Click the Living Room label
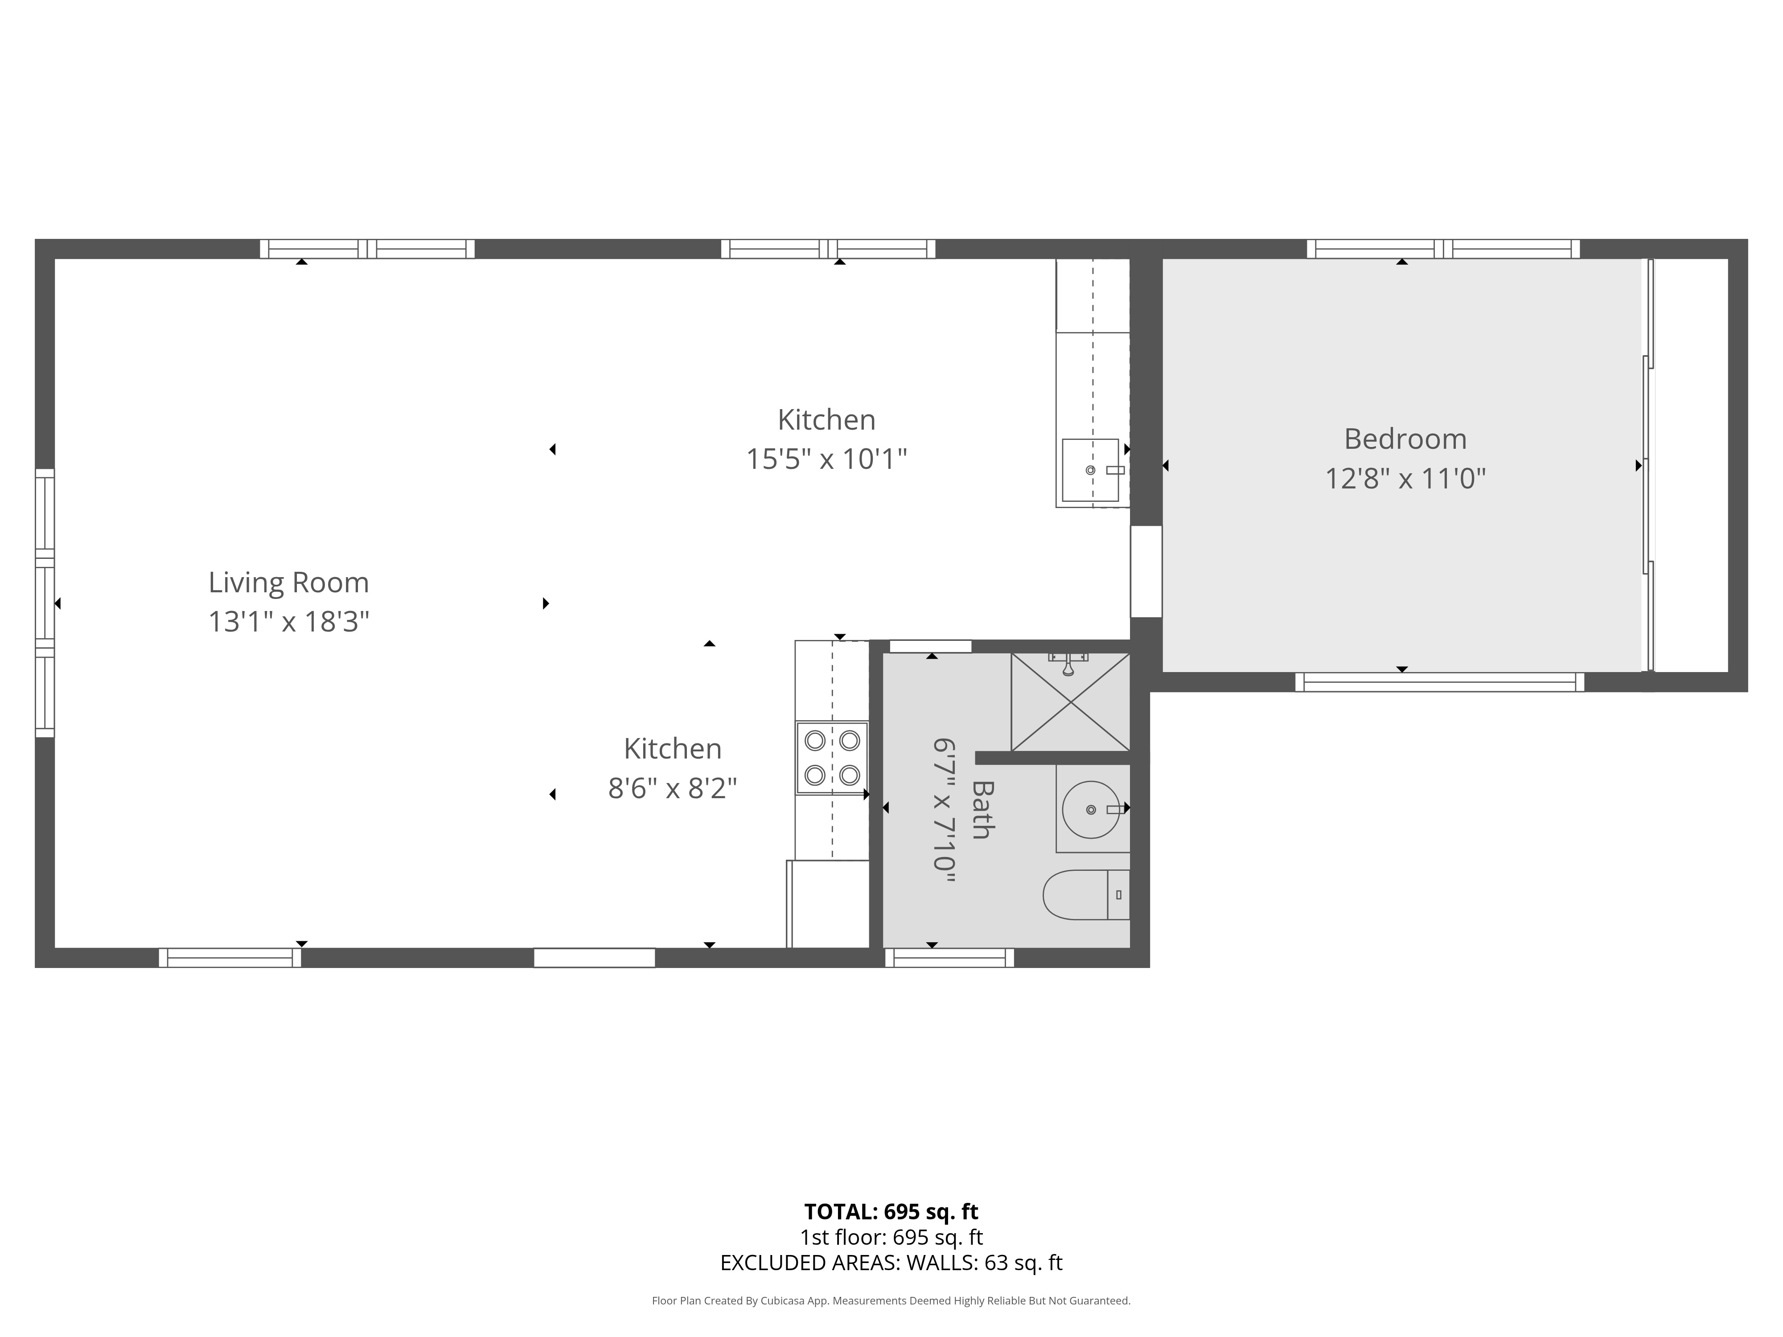point(288,582)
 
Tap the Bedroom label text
point(1405,439)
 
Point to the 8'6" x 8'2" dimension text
point(672,788)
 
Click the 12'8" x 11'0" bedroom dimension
point(1405,479)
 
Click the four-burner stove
point(832,758)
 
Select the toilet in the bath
point(1086,894)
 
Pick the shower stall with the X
point(1070,702)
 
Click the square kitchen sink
point(1090,470)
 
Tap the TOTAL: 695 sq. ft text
point(891,1211)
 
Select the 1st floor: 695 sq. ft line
point(891,1237)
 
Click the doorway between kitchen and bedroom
point(1146,571)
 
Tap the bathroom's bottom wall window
point(949,957)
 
